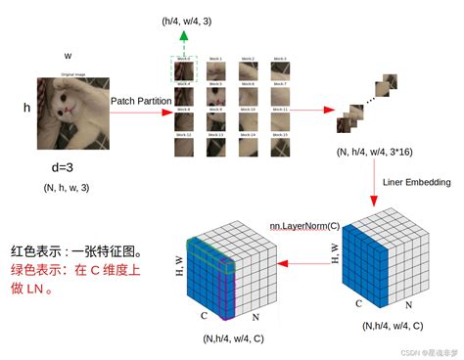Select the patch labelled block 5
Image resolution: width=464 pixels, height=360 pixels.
(x=215, y=96)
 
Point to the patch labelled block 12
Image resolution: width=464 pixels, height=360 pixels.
(x=185, y=148)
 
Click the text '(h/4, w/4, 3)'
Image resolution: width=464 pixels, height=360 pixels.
(x=187, y=20)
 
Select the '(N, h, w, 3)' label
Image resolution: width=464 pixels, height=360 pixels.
(x=68, y=187)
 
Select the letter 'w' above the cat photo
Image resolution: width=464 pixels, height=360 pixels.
(x=68, y=56)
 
